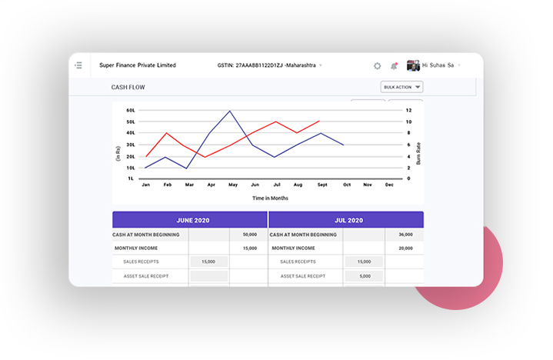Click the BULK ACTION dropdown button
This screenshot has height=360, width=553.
[x=402, y=87]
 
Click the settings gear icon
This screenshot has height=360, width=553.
[x=377, y=66]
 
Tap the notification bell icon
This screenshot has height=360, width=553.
[x=395, y=66]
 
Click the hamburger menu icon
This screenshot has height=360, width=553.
[x=78, y=65]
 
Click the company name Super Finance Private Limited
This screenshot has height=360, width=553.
[x=138, y=65]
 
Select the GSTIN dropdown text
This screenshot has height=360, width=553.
[x=268, y=65]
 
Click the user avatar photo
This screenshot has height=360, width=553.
[x=413, y=65]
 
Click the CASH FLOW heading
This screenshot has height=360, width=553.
[x=128, y=87]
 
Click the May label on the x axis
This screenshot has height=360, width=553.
[x=232, y=185]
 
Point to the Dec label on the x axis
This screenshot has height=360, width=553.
[x=389, y=185]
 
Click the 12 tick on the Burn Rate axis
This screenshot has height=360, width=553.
[x=409, y=110]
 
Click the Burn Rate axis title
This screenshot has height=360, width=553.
[x=419, y=154]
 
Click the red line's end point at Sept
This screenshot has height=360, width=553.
[x=319, y=121]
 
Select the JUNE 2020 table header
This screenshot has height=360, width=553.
[x=190, y=220]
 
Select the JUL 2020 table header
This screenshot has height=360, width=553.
[x=346, y=220]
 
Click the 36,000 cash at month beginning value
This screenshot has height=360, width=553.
[x=405, y=235]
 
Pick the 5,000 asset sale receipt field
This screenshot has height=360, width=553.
[x=364, y=276]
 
